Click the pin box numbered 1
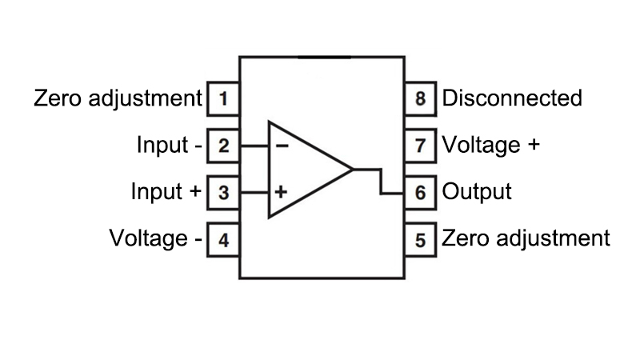[x=223, y=99]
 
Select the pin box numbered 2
[x=223, y=146]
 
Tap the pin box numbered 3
[x=223, y=193]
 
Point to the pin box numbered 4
[x=223, y=239]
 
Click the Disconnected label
[x=512, y=99]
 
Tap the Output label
[x=477, y=193]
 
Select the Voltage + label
[x=491, y=146]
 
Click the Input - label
[x=169, y=146]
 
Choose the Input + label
[x=166, y=193]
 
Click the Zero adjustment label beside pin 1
[x=118, y=99]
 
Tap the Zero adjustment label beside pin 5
[x=526, y=239]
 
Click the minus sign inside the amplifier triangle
[x=282, y=146]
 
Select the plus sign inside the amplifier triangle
[x=282, y=193]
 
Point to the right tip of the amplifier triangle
[x=352, y=170]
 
